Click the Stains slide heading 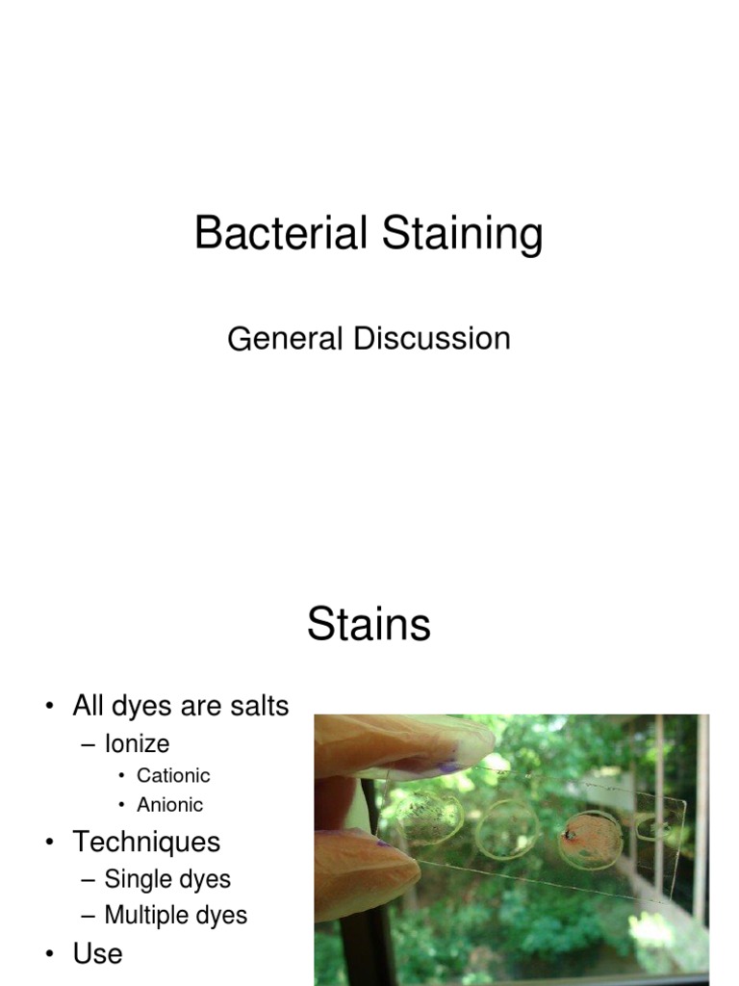pyautogui.click(x=369, y=626)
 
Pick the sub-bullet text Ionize pyautogui.click(x=137, y=743)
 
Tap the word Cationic pyautogui.click(x=173, y=775)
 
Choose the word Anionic pyautogui.click(x=170, y=805)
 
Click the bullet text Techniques pyautogui.click(x=146, y=842)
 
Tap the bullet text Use pyautogui.click(x=97, y=953)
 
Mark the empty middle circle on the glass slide pyautogui.click(x=507, y=828)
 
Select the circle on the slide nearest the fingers pyautogui.click(x=428, y=817)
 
